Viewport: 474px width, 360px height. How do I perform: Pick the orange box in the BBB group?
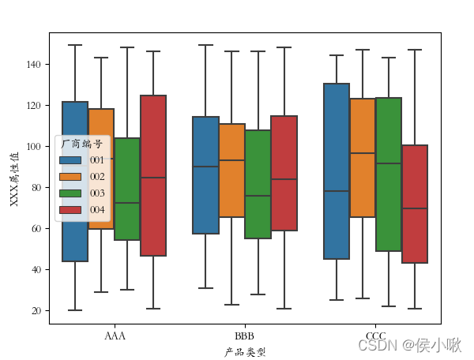point(231,171)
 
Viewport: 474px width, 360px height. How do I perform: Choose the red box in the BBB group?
point(284,173)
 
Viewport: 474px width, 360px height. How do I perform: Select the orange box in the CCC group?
point(363,158)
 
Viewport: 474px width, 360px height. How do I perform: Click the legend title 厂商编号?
point(81,144)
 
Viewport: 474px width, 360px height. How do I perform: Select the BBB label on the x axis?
point(244,336)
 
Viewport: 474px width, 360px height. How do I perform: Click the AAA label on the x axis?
point(115,336)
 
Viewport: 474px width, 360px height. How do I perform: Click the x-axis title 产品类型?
point(244,352)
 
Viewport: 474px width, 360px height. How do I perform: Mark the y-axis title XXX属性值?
point(13,178)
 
